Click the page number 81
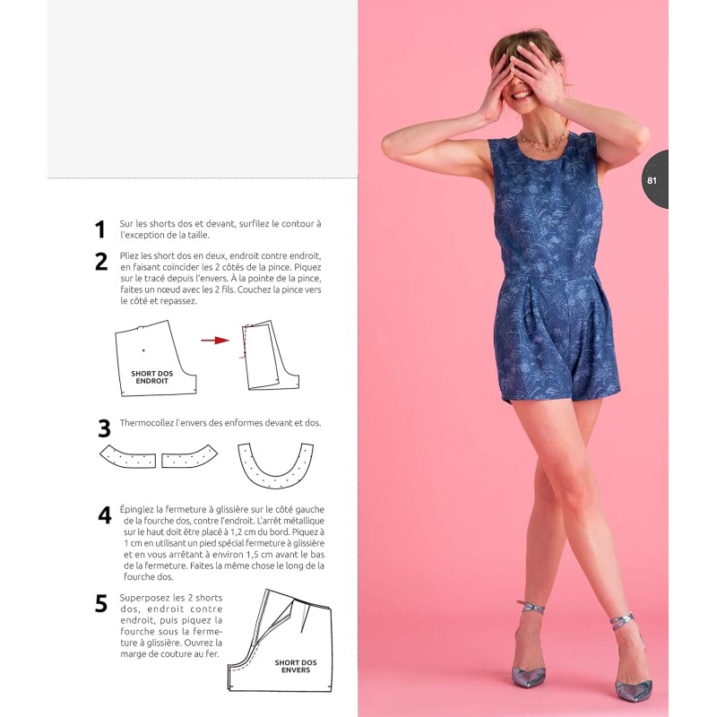(x=652, y=180)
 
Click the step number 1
(x=100, y=230)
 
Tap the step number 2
(x=101, y=262)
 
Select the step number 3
(x=104, y=428)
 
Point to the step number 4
(x=105, y=515)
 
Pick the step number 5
(x=101, y=603)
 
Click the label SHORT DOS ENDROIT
(x=152, y=376)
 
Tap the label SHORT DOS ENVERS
(x=296, y=666)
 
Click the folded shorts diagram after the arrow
(x=269, y=357)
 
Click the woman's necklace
(x=543, y=143)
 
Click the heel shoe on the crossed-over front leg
(x=531, y=660)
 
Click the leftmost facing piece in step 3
(x=126, y=456)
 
